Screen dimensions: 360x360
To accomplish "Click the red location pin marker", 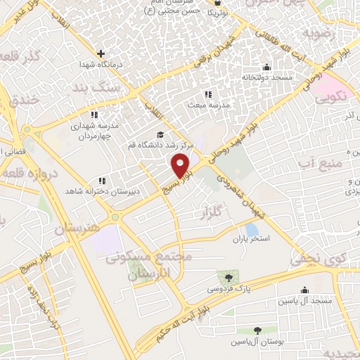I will click(181, 165).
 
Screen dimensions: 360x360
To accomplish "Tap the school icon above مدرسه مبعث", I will click(208, 94).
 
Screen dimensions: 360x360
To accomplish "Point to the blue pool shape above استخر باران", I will click(252, 229).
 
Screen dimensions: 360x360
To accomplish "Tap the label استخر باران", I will click(252, 240).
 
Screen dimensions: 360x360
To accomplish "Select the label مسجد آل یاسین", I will click(304, 300).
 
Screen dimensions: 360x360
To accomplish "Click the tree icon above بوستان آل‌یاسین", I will click(258, 330).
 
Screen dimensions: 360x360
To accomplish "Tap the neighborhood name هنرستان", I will click(78, 229).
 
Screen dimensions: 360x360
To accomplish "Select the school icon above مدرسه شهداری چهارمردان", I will click(94, 115).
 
